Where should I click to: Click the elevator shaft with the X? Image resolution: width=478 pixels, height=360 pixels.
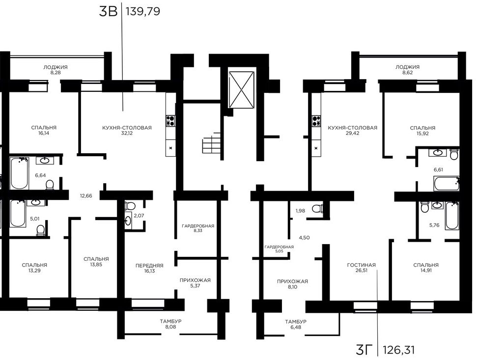tap(241, 89)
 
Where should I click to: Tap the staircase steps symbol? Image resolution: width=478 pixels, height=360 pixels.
tap(211, 142)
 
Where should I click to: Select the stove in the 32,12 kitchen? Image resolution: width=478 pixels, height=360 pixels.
tap(170, 121)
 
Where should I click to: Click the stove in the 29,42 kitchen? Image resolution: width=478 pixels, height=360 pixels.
tap(316, 121)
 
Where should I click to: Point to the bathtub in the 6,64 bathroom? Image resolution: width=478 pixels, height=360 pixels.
tap(19, 173)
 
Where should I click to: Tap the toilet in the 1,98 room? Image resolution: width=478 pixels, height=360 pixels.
tap(318, 209)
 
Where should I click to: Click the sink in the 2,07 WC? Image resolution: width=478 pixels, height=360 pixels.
tap(128, 220)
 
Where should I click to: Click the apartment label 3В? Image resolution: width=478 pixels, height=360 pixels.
tap(108, 12)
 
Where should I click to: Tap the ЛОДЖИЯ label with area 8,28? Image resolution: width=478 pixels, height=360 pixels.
tap(55, 70)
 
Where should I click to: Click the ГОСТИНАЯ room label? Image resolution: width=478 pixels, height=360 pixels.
tap(361, 265)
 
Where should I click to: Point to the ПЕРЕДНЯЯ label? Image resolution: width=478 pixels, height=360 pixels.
tap(149, 266)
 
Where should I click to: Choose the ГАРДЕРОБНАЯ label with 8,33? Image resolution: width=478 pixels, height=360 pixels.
tap(198, 228)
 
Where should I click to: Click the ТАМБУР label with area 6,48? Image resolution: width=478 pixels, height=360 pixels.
tap(296, 324)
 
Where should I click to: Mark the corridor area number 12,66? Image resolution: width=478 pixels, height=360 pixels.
tap(86, 195)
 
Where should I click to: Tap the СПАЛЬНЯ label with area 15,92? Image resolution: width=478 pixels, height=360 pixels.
tap(422, 131)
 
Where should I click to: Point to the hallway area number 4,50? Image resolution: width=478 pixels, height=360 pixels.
tap(304, 238)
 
